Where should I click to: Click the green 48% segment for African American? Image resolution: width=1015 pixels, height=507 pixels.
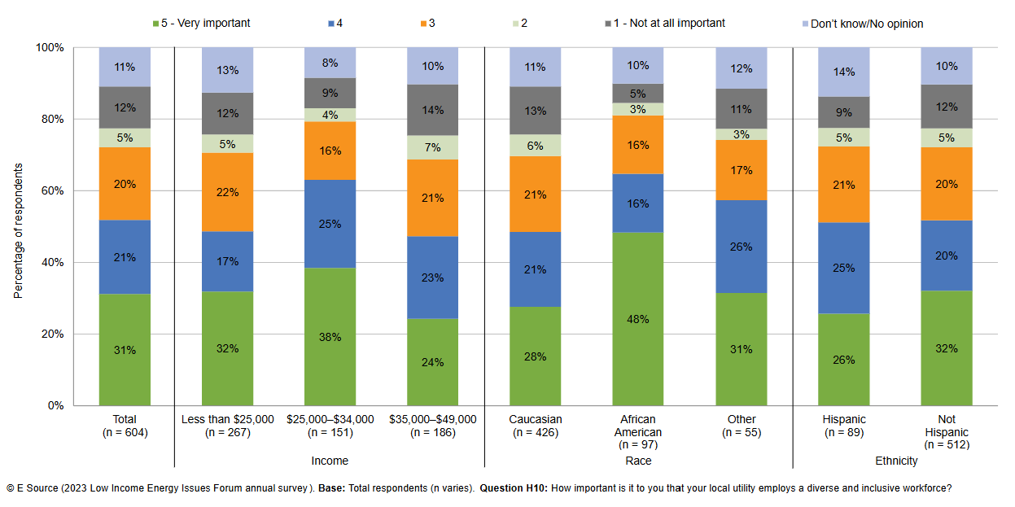coord(638,318)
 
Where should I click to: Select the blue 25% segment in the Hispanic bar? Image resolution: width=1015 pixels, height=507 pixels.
coord(844,268)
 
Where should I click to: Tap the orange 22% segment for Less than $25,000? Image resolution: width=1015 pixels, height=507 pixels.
coord(227,192)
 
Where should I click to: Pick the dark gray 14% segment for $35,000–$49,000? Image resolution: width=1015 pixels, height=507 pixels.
coord(432,110)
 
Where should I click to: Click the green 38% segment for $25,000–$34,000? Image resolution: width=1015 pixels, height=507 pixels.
coord(330,336)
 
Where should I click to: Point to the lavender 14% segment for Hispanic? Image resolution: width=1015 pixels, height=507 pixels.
coord(844,72)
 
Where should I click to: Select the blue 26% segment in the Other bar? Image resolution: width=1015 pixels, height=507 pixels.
coord(742,246)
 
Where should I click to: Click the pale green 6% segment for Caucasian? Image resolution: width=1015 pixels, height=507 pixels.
coord(536,145)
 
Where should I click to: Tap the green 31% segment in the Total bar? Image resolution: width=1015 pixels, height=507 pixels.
coord(125,349)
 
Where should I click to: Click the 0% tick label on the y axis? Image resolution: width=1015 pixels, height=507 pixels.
coord(57,405)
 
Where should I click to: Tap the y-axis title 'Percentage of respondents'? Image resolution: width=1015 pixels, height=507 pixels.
coord(18,230)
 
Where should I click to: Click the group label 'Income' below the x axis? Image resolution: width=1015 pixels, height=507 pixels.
coord(330,461)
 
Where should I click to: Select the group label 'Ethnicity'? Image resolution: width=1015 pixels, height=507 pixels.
coord(896,461)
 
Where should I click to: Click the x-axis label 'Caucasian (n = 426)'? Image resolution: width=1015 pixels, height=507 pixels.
coord(536,426)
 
